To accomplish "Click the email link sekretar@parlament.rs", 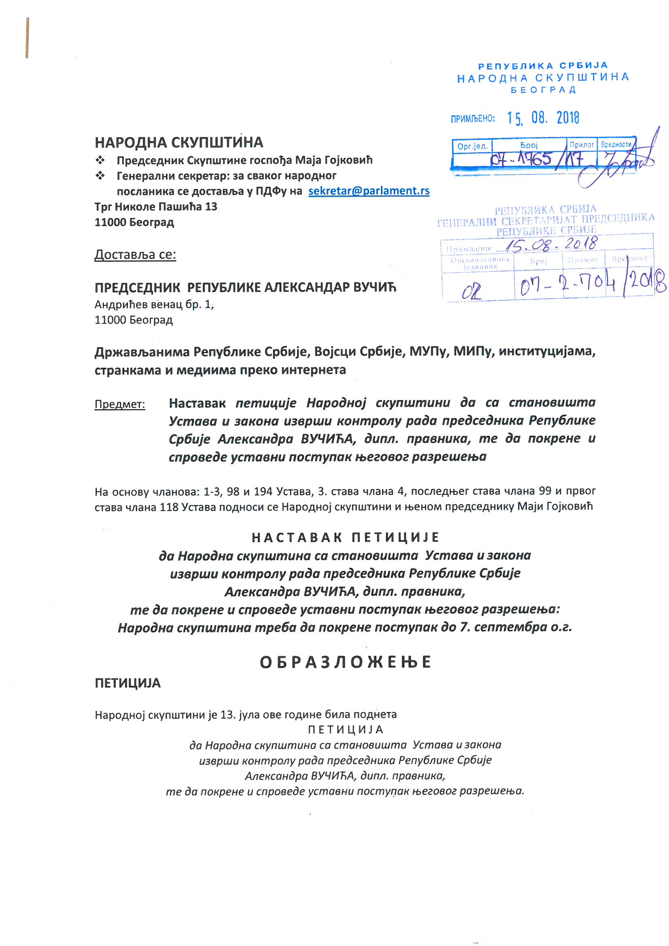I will pos(369,191).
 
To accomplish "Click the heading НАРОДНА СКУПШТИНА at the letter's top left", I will pos(178,142).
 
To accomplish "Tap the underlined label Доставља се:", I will pos(135,255).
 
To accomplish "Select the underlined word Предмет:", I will pos(119,404).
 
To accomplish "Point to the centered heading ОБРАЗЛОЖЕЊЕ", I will pos(345,662).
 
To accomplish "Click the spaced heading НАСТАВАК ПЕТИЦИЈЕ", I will pos(345,537).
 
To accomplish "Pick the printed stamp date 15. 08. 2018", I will pos(543,118).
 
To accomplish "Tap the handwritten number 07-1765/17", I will pos(536,159).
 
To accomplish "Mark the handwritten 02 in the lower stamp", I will pos(471,291).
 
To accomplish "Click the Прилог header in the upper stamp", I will pos(582,144).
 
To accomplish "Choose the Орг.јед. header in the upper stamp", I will pos(472,146).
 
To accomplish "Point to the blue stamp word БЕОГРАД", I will pos(543,90).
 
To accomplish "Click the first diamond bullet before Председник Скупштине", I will pos(100,160).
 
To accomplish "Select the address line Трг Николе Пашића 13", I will pos(156,206).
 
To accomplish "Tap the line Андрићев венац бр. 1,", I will pos(154,305).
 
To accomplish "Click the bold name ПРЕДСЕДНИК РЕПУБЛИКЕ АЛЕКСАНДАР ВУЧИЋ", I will pos(245,287).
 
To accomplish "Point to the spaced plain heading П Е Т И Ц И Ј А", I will pos(345,729).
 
